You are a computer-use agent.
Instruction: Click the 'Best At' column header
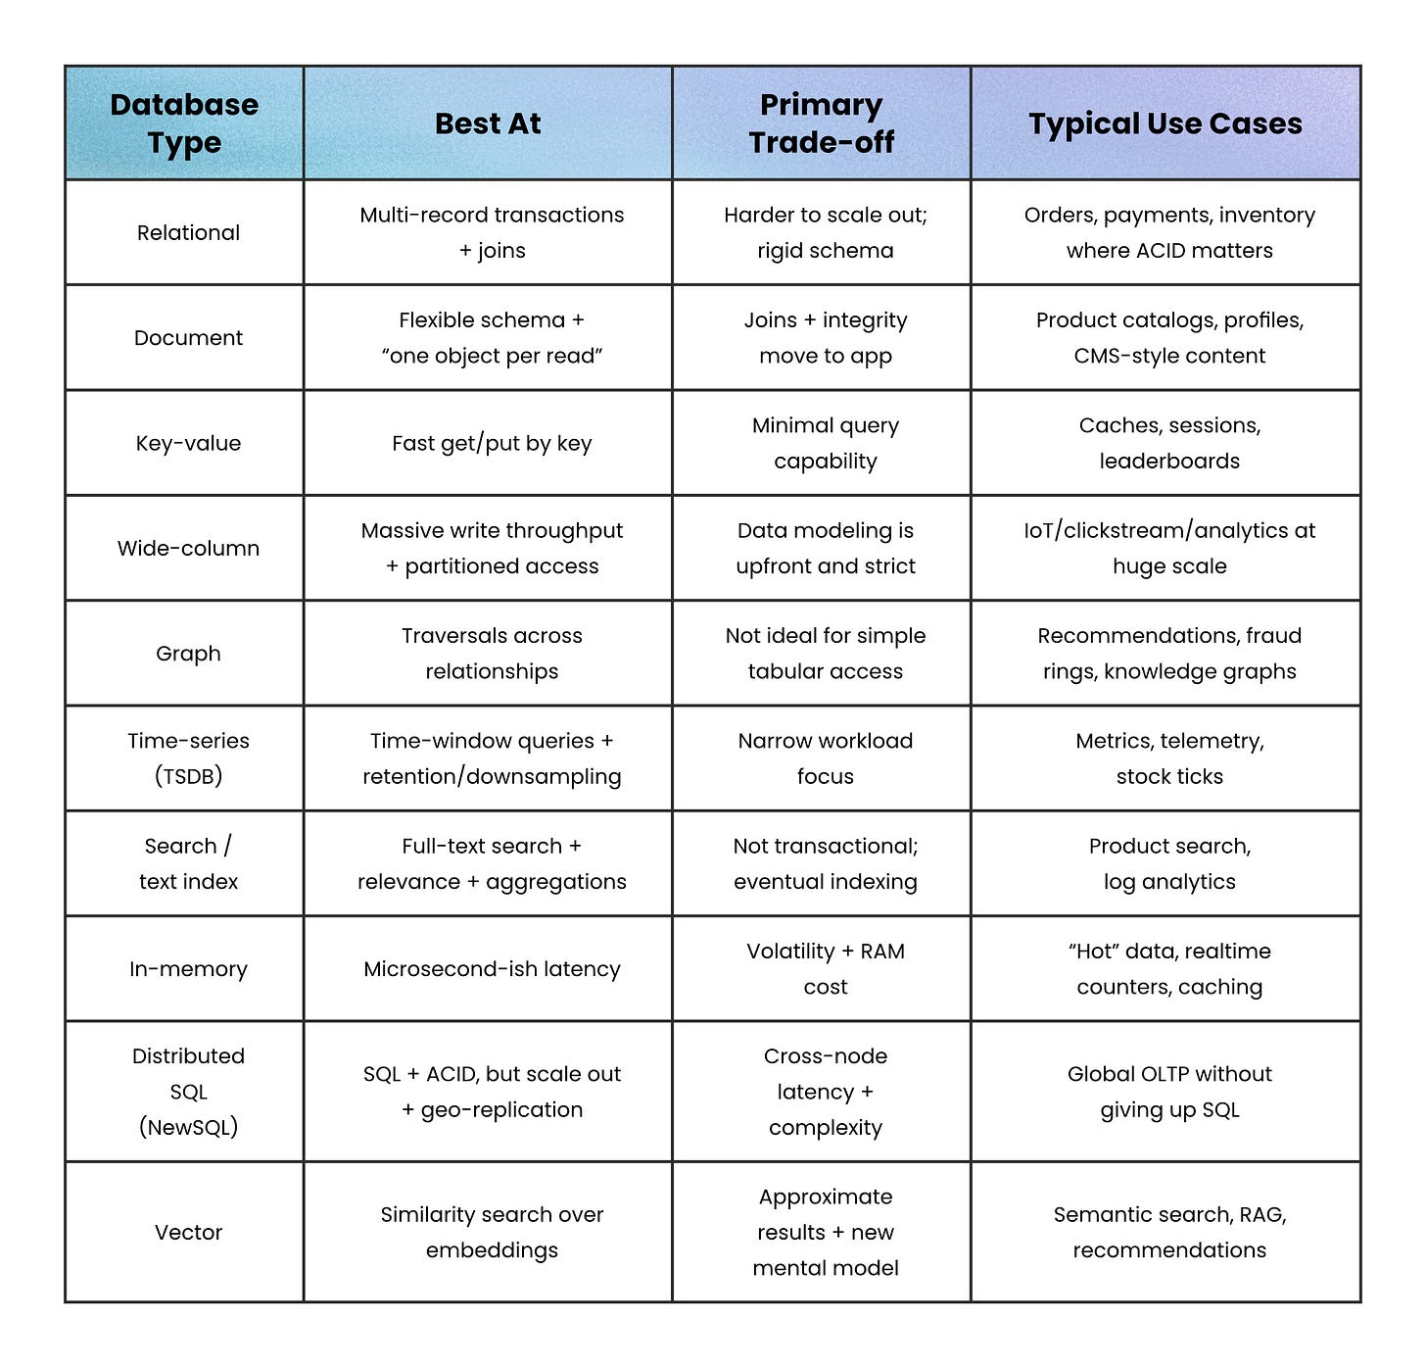click(488, 123)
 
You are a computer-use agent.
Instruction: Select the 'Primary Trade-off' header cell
click(822, 123)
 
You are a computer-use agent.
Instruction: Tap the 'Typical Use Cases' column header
click(1165, 123)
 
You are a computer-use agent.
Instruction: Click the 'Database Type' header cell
click(184, 123)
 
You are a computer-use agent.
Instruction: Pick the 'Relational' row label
click(188, 233)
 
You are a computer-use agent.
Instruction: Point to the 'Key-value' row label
click(188, 443)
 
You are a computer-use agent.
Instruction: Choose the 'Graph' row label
click(188, 654)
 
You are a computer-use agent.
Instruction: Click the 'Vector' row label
click(188, 1232)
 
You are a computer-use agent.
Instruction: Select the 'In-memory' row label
click(188, 969)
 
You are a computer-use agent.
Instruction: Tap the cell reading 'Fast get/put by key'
click(492, 443)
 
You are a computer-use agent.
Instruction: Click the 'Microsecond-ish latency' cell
click(492, 969)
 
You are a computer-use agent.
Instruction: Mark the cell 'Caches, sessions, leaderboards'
click(1169, 443)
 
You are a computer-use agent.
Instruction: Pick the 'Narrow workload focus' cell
click(826, 758)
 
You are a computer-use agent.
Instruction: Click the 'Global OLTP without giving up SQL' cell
click(1169, 1092)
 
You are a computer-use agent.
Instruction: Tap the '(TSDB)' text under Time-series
click(188, 776)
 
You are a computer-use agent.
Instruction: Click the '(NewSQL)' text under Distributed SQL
click(188, 1127)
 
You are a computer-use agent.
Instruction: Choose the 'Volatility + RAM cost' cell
click(826, 969)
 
